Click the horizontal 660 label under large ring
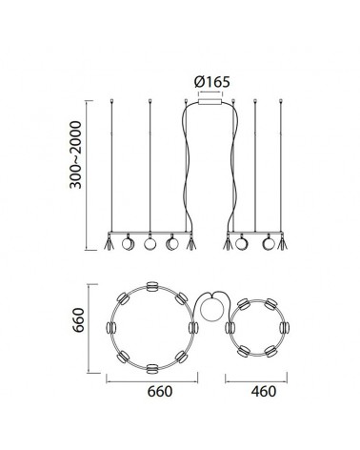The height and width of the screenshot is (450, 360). pos(152,392)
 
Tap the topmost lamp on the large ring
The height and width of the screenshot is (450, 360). pos(150,284)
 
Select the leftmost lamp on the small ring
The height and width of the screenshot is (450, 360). pos(230,326)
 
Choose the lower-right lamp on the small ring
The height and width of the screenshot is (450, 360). pos(270,350)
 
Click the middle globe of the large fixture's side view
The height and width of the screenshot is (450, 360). pos(150,244)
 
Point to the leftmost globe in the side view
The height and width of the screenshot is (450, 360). pos(129,244)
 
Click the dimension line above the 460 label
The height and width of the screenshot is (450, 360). pos(254,379)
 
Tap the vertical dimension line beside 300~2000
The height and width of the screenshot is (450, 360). pos(89,172)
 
